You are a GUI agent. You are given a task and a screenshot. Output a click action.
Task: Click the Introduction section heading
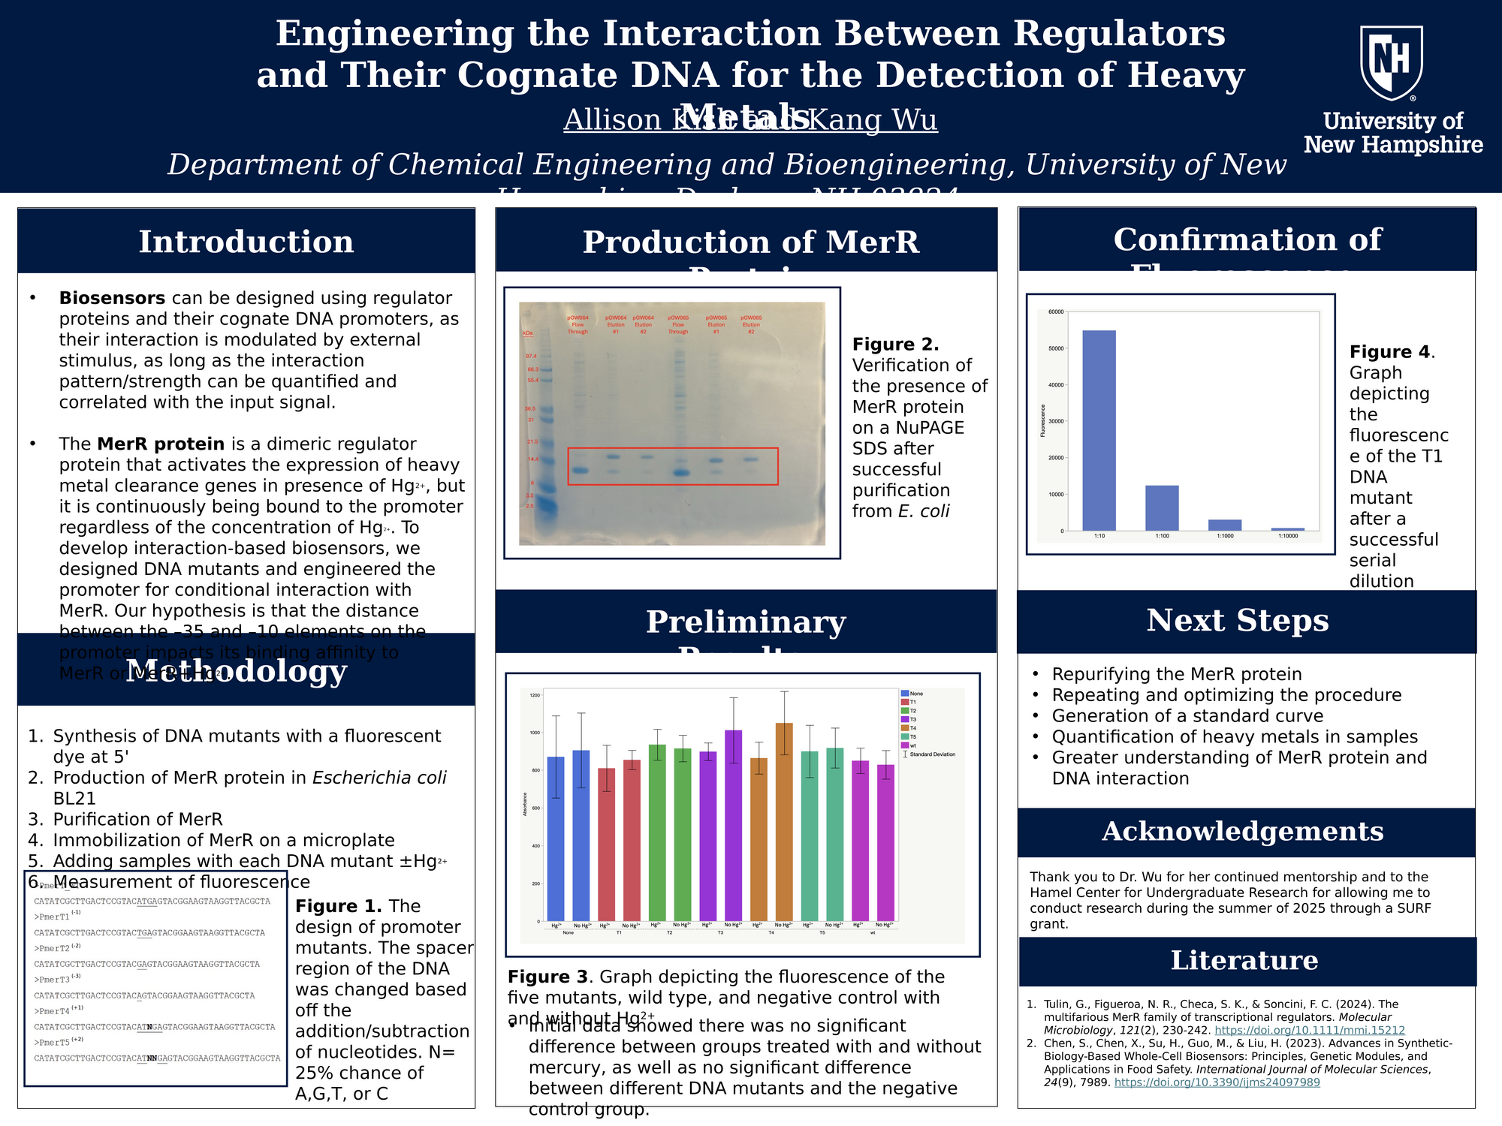(x=246, y=242)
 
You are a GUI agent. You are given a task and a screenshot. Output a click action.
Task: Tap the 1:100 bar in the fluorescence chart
(x=1162, y=508)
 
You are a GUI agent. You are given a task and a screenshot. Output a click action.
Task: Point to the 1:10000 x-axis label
(x=1288, y=536)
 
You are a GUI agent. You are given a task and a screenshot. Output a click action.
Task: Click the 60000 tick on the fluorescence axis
(x=1056, y=312)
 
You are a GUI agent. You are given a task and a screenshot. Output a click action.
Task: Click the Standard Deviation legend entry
(x=931, y=754)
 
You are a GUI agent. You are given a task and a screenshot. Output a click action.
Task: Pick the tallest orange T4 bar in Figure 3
(x=784, y=822)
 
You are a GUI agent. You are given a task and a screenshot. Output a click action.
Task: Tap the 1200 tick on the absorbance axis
(x=534, y=695)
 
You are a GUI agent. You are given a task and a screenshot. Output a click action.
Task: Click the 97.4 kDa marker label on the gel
(x=531, y=356)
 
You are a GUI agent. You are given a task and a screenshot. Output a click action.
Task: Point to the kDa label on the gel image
(x=528, y=333)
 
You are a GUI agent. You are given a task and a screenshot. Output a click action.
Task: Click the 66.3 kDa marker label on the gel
(x=532, y=369)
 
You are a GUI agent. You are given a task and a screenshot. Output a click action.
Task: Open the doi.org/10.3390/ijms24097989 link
(x=1217, y=1082)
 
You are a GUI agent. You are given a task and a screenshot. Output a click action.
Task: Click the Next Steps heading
(x=1238, y=621)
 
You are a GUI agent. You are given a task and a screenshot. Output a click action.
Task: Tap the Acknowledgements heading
(x=1243, y=832)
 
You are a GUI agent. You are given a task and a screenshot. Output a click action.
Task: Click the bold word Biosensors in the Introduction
(x=112, y=298)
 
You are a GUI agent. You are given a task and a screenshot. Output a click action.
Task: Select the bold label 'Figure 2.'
(x=895, y=345)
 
